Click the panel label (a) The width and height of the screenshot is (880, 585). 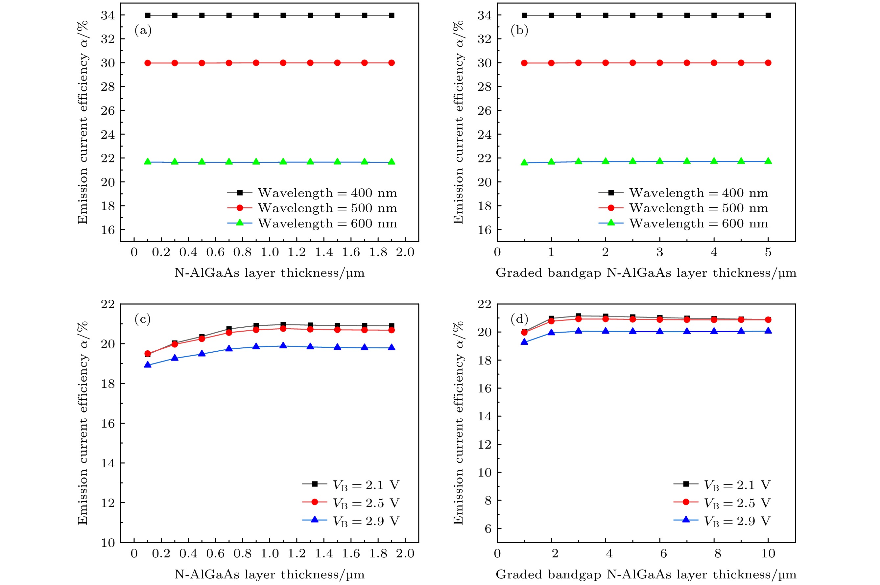click(x=143, y=31)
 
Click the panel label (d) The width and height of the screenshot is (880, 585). click(x=519, y=319)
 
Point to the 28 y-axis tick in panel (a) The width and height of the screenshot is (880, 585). click(x=108, y=86)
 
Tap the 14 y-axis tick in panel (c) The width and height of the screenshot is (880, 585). click(x=108, y=463)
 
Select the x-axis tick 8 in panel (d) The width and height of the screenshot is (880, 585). click(x=717, y=554)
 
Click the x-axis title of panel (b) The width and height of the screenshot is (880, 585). click(x=646, y=273)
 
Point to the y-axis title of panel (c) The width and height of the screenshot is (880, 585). click(x=83, y=423)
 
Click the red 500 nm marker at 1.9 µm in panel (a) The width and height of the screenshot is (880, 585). click(x=392, y=63)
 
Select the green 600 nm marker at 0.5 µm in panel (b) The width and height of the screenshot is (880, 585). click(x=524, y=162)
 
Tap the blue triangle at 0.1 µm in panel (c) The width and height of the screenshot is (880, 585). click(x=148, y=364)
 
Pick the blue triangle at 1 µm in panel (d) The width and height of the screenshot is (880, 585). click(x=524, y=341)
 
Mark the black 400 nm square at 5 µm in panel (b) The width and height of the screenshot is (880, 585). click(x=768, y=15)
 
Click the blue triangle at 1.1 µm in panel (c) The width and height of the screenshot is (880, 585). click(x=283, y=345)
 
